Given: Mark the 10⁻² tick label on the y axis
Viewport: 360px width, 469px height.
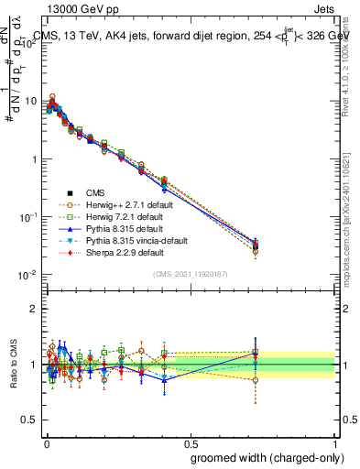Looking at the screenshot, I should click(x=27, y=274).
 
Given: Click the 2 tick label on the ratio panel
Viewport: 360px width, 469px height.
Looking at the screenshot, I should click(x=34, y=309).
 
